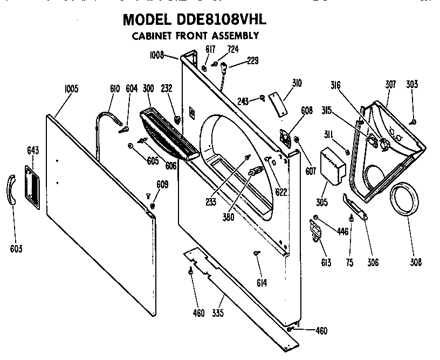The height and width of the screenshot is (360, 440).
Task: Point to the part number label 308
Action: (415, 263)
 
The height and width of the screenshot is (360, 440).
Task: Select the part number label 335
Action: (218, 313)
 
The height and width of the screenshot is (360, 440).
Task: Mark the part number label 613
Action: (326, 263)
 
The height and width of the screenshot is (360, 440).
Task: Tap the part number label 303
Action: (412, 85)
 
